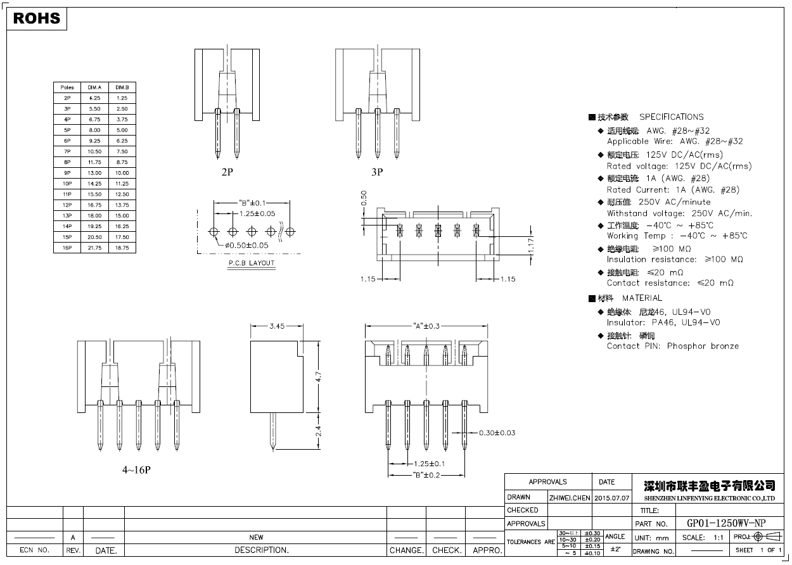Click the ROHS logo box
[37, 19]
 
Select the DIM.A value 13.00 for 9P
[95, 173]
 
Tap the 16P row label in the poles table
[67, 248]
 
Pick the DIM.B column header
[122, 87]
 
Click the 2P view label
[227, 172]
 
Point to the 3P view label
[377, 172]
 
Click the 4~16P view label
[136, 470]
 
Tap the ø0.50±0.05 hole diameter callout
[246, 245]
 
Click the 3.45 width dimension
[276, 326]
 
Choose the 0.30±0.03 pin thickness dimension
[497, 433]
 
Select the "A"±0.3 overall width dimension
[426, 326]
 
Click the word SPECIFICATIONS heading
[671, 117]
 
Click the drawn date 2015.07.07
[612, 498]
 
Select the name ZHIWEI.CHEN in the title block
[570, 498]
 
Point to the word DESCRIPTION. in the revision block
[262, 550]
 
